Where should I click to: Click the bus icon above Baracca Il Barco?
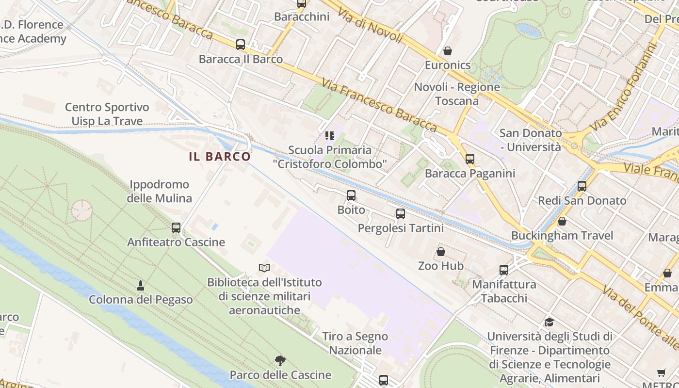241,45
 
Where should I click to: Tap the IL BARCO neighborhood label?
220,156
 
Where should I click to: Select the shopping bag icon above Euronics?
447,51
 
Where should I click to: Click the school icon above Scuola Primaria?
330,136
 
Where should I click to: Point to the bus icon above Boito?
351,195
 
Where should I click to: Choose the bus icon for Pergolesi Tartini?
401,213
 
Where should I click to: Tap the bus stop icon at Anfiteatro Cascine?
176,227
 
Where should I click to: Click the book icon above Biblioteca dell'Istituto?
264,268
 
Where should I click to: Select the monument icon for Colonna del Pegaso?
141,285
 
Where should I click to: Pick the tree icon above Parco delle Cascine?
280,360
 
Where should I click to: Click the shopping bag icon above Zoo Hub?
441,252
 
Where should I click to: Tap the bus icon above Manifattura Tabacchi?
504,270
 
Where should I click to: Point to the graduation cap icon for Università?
549,322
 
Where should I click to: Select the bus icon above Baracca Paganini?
469,159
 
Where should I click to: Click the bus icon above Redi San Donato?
582,186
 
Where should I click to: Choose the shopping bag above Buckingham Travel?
562,221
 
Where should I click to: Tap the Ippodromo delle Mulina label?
159,191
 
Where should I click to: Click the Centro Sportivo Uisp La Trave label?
107,114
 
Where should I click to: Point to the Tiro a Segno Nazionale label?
356,343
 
